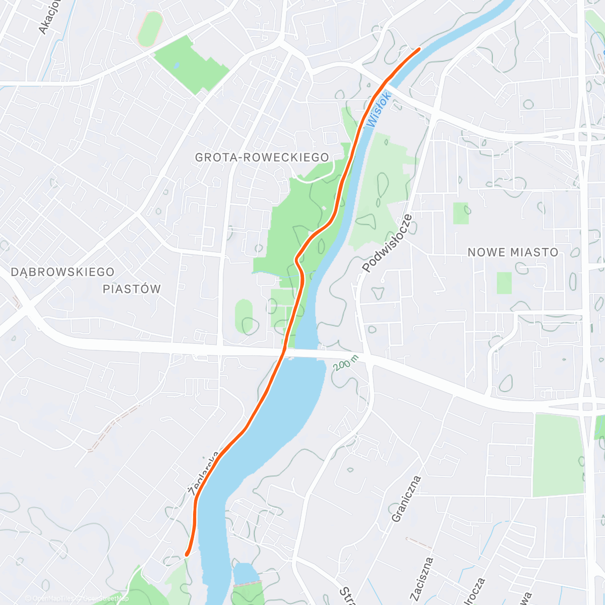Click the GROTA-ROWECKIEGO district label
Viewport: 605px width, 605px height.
tap(262, 157)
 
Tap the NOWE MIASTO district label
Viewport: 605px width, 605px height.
tap(513, 252)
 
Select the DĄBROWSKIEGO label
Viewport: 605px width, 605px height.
tap(63, 272)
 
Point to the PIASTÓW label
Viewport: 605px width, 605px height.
tap(132, 289)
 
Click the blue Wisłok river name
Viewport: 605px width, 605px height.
tap(379, 109)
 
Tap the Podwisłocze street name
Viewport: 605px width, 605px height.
tap(387, 244)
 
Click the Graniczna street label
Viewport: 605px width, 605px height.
tap(405, 499)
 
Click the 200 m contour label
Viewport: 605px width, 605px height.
tap(345, 362)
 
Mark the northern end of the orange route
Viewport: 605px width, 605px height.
tap(419, 49)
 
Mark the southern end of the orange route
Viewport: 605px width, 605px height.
tap(187, 554)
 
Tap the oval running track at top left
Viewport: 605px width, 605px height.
tap(150, 29)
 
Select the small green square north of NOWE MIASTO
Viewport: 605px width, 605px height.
tap(460, 213)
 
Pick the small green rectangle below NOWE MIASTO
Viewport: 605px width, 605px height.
tap(504, 283)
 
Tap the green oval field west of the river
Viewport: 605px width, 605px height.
tap(244, 316)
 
